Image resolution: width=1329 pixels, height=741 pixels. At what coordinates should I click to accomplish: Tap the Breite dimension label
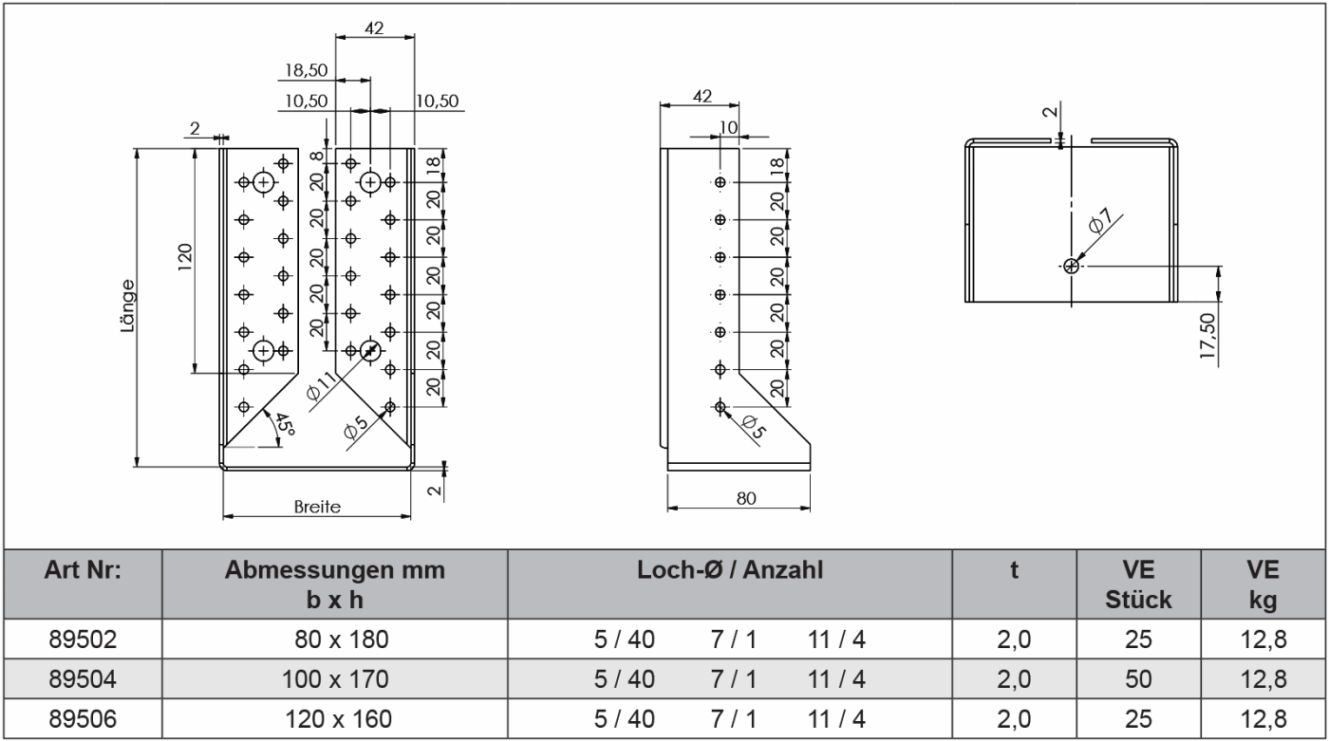[x=317, y=507]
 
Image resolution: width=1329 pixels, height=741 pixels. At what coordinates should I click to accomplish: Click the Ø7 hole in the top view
[x=1072, y=267]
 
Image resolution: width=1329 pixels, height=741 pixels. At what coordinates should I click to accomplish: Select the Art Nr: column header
[x=84, y=572]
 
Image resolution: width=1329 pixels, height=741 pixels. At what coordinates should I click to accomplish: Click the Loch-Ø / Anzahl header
[x=731, y=572]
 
